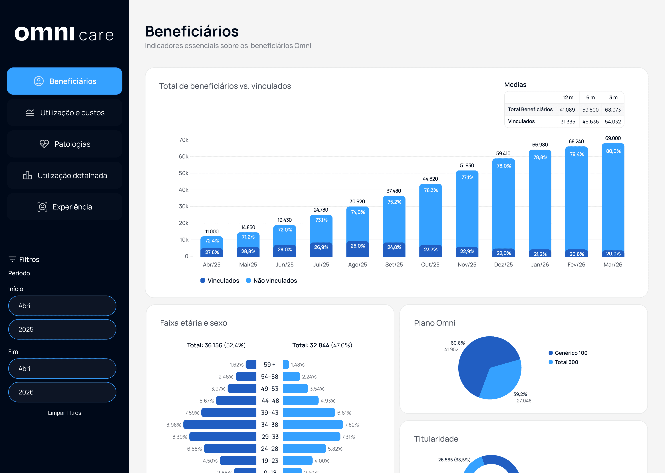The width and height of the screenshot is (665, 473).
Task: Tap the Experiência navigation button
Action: pos(65,207)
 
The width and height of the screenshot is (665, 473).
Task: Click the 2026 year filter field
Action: pos(62,392)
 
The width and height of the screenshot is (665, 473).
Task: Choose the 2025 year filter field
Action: pos(62,329)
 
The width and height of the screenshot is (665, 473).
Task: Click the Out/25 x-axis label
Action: pos(430,265)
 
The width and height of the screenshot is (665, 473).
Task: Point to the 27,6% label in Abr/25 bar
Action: pos(212,252)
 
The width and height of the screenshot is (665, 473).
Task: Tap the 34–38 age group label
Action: pos(270,425)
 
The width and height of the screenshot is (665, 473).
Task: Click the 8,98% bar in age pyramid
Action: pos(220,425)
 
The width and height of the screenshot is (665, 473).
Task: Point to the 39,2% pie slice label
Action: pos(520,394)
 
